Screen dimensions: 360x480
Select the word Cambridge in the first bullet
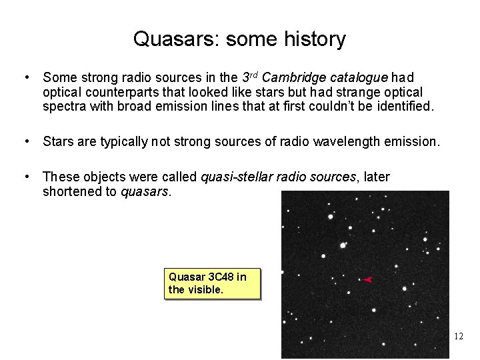click(306, 78)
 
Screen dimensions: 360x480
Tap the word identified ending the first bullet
click(405, 106)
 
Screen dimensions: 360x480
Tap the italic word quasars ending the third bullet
click(145, 191)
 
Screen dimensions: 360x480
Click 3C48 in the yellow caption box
click(221, 277)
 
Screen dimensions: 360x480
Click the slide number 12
click(458, 336)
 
